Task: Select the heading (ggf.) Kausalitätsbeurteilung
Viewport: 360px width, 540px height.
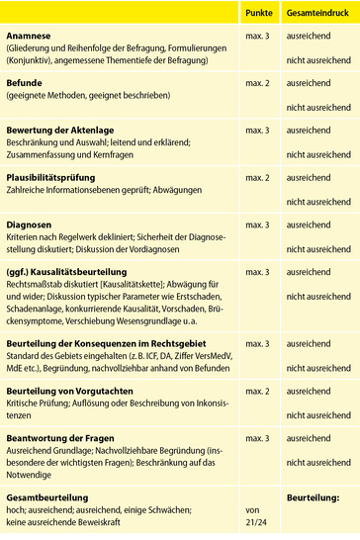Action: (x=73, y=271)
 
